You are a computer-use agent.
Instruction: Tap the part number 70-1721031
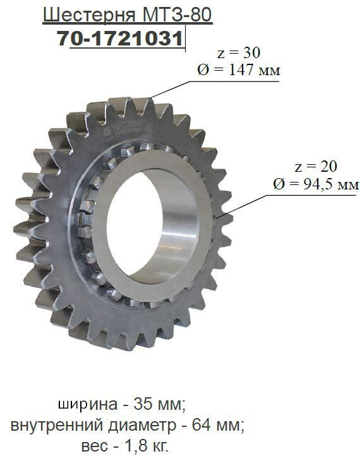pyautogui.click(x=120, y=39)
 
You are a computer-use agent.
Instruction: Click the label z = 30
pyautogui.click(x=239, y=52)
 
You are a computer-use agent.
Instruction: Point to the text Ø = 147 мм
pyautogui.click(x=239, y=70)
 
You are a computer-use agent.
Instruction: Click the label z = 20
pyautogui.click(x=316, y=167)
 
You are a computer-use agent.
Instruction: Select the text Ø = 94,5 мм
pyautogui.click(x=316, y=184)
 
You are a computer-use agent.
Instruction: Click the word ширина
pyautogui.click(x=88, y=405)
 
